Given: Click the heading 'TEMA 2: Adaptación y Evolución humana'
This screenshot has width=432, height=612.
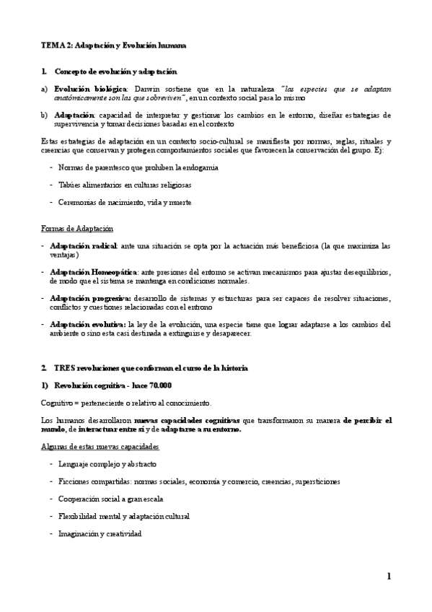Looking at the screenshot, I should [x=113, y=45].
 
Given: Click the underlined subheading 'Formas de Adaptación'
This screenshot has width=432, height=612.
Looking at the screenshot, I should [x=76, y=229].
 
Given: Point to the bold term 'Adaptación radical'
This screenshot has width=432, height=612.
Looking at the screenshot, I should [x=79, y=246].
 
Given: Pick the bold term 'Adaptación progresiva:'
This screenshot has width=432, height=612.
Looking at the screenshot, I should [x=90, y=298].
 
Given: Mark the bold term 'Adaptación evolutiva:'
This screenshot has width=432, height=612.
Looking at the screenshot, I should [x=89, y=324].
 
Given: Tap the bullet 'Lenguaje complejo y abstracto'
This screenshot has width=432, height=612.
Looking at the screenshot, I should [x=107, y=463].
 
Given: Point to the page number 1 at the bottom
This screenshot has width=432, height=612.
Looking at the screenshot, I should [x=389, y=576].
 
